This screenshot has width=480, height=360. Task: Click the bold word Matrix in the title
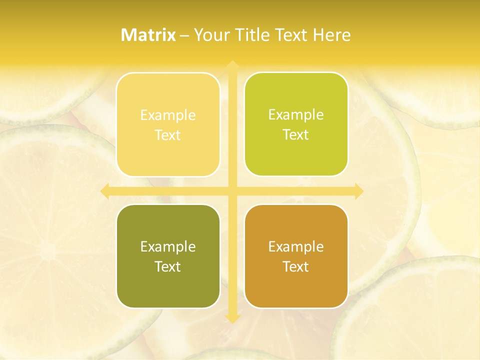(148, 35)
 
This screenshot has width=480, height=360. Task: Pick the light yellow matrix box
(168, 124)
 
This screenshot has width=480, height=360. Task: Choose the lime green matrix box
(296, 124)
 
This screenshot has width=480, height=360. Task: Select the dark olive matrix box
(168, 256)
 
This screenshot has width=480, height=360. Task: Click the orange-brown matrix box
(296, 256)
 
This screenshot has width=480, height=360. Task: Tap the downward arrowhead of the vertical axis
(232, 318)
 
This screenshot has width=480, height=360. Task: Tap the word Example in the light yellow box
(168, 115)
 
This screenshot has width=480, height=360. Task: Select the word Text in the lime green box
(296, 135)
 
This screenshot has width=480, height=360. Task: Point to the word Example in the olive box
(168, 247)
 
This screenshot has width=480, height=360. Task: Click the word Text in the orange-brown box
(296, 267)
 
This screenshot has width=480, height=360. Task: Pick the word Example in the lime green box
(296, 115)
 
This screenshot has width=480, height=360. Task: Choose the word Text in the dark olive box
(168, 267)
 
